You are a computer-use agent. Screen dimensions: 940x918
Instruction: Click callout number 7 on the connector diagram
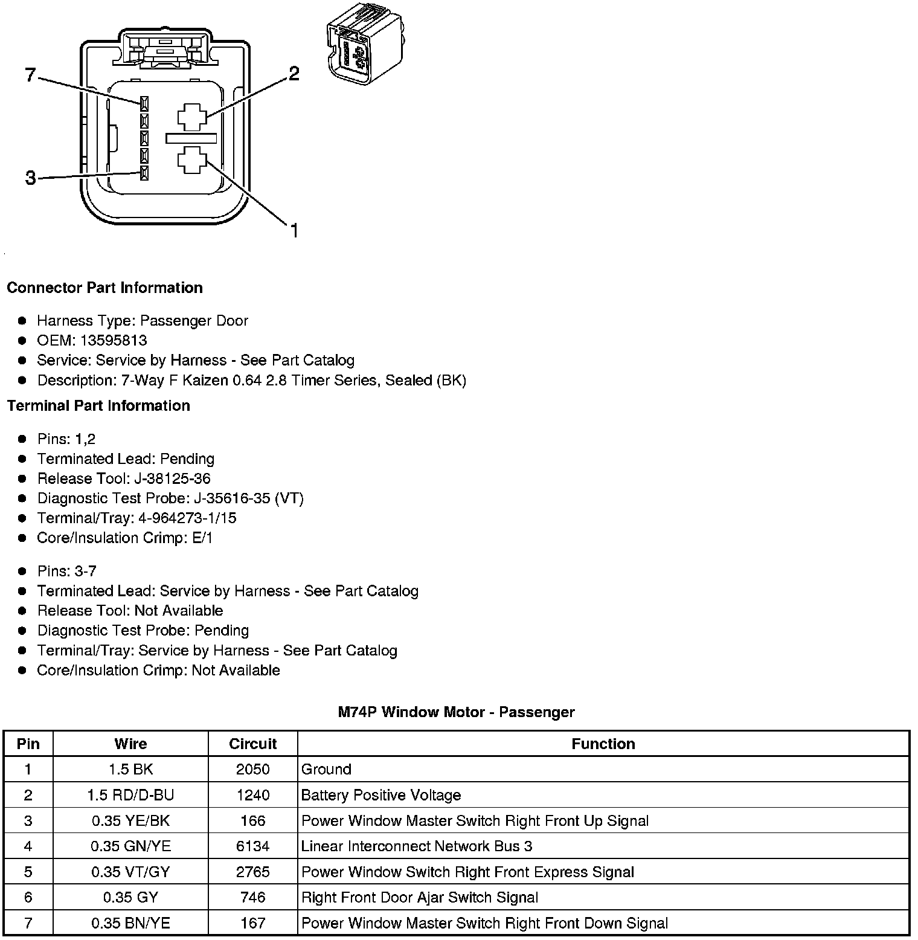pos(30,76)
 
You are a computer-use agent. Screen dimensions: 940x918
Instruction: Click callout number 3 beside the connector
pos(30,178)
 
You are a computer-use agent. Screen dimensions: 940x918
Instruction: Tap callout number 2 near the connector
pos(294,74)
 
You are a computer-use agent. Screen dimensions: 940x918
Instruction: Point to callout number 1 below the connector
pos(294,231)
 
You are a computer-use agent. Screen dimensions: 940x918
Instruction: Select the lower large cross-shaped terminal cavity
pos(192,160)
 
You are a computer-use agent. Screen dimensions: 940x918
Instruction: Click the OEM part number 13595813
pos(114,340)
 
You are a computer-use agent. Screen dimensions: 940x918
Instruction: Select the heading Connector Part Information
pos(104,288)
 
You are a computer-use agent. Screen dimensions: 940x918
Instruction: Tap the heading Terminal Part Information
pos(98,405)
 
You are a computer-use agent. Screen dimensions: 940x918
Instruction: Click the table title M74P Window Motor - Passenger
pos(456,712)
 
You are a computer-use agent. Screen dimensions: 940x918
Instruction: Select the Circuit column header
pos(252,744)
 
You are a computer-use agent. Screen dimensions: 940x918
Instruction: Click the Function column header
pos(603,744)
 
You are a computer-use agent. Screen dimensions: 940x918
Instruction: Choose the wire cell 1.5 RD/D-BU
pos(130,795)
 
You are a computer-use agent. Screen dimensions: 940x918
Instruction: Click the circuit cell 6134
pos(252,846)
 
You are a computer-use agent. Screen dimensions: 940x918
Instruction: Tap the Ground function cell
pos(326,770)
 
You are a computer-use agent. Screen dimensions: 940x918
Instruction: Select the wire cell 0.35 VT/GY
pos(130,872)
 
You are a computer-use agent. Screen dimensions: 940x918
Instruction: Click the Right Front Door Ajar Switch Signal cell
pos(419,898)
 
